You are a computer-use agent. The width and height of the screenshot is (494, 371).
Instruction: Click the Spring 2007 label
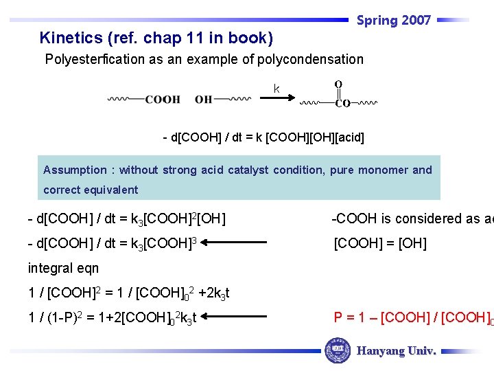394,21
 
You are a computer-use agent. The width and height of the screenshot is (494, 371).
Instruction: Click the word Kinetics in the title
67,38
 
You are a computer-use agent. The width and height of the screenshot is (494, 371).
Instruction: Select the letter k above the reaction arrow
277,89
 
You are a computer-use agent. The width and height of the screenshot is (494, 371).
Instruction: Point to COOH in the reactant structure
163,100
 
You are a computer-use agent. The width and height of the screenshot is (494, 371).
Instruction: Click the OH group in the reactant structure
204,100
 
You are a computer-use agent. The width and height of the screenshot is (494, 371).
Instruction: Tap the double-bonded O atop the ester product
338,84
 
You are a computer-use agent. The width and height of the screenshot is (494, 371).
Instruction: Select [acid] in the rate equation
346,138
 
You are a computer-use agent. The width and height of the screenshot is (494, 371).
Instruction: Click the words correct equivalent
91,190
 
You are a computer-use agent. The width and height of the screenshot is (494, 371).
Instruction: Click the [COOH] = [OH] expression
379,243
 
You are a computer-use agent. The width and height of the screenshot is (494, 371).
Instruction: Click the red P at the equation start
338,317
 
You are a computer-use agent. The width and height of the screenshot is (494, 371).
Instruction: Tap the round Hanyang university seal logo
337,350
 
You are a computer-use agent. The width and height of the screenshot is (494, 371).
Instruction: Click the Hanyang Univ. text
396,351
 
